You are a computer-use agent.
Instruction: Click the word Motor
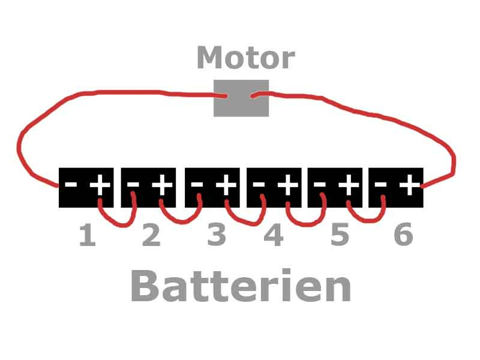(245, 58)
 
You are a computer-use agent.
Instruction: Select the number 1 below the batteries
(88, 236)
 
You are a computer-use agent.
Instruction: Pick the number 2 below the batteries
(151, 236)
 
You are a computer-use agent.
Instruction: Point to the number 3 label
(217, 236)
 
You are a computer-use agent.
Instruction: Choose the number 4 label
(274, 236)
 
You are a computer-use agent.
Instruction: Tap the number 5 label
(340, 236)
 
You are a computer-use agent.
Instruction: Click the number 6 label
(403, 236)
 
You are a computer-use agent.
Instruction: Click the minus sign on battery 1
(71, 185)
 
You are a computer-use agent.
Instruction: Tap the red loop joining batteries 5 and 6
(366, 218)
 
